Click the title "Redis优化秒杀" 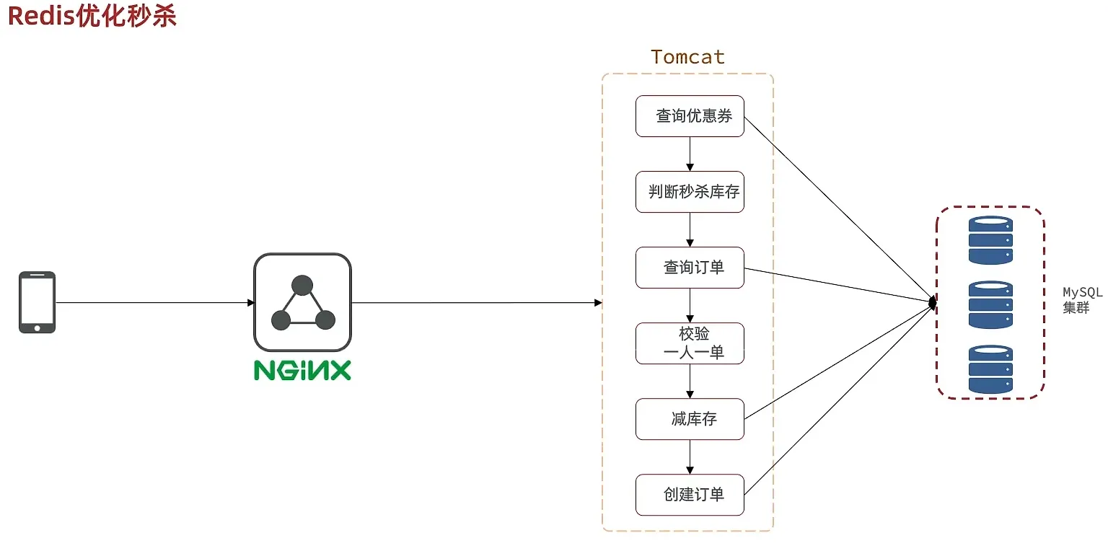(92, 16)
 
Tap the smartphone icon (37, 302)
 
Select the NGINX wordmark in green (302, 370)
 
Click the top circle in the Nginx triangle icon (302, 286)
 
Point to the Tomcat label (687, 57)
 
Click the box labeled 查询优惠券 (690, 115)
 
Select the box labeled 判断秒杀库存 (690, 192)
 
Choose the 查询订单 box (690, 268)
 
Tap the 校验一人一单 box (690, 343)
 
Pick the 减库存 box (690, 419)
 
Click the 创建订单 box (690, 495)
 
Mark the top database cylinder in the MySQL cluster (990, 241)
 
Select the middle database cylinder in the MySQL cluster (990, 304)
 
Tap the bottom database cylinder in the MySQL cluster (990, 369)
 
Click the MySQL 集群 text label (1082, 300)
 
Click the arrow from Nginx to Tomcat (476, 302)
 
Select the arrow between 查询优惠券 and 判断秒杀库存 (690, 154)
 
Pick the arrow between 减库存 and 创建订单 (690, 457)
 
